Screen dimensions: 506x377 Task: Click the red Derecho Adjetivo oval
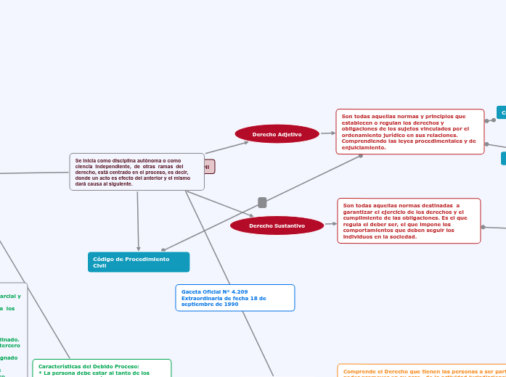(x=277, y=134)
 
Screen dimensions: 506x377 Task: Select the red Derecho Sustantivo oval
(x=277, y=225)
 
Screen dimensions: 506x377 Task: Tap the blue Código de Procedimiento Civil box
(x=138, y=262)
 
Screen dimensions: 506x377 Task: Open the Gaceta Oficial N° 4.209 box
(x=234, y=297)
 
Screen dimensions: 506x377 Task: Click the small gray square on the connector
(x=262, y=202)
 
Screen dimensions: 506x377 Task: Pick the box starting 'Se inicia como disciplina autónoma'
(x=136, y=172)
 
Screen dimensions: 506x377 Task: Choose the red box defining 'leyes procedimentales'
(x=409, y=131)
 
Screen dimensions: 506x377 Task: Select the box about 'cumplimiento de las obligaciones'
(x=409, y=220)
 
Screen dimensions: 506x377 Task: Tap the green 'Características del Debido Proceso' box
(x=102, y=368)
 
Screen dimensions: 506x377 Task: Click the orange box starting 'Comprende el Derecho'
(x=421, y=370)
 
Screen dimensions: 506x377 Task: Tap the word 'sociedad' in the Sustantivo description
(x=400, y=237)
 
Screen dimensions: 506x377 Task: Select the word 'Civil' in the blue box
(x=99, y=266)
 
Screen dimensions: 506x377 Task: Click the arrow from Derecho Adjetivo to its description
(x=328, y=133)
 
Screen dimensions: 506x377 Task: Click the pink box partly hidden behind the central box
(x=210, y=167)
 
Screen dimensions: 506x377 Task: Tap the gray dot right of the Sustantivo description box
(x=483, y=227)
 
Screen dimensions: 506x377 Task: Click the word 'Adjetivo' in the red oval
(x=287, y=134)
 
